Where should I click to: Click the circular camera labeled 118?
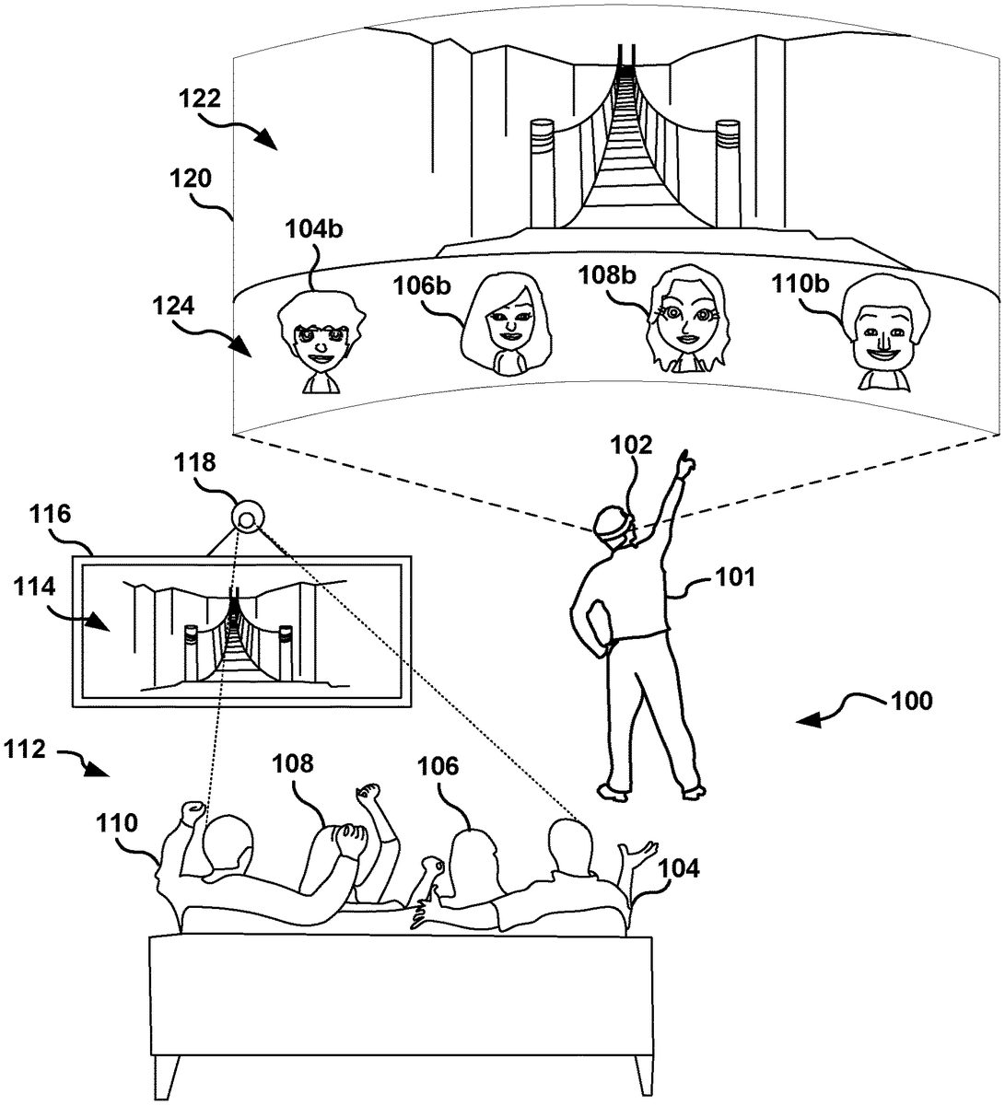pyautogui.click(x=247, y=518)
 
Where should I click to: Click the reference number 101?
pyautogui.click(x=735, y=577)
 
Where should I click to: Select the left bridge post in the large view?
pyautogui.click(x=540, y=172)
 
